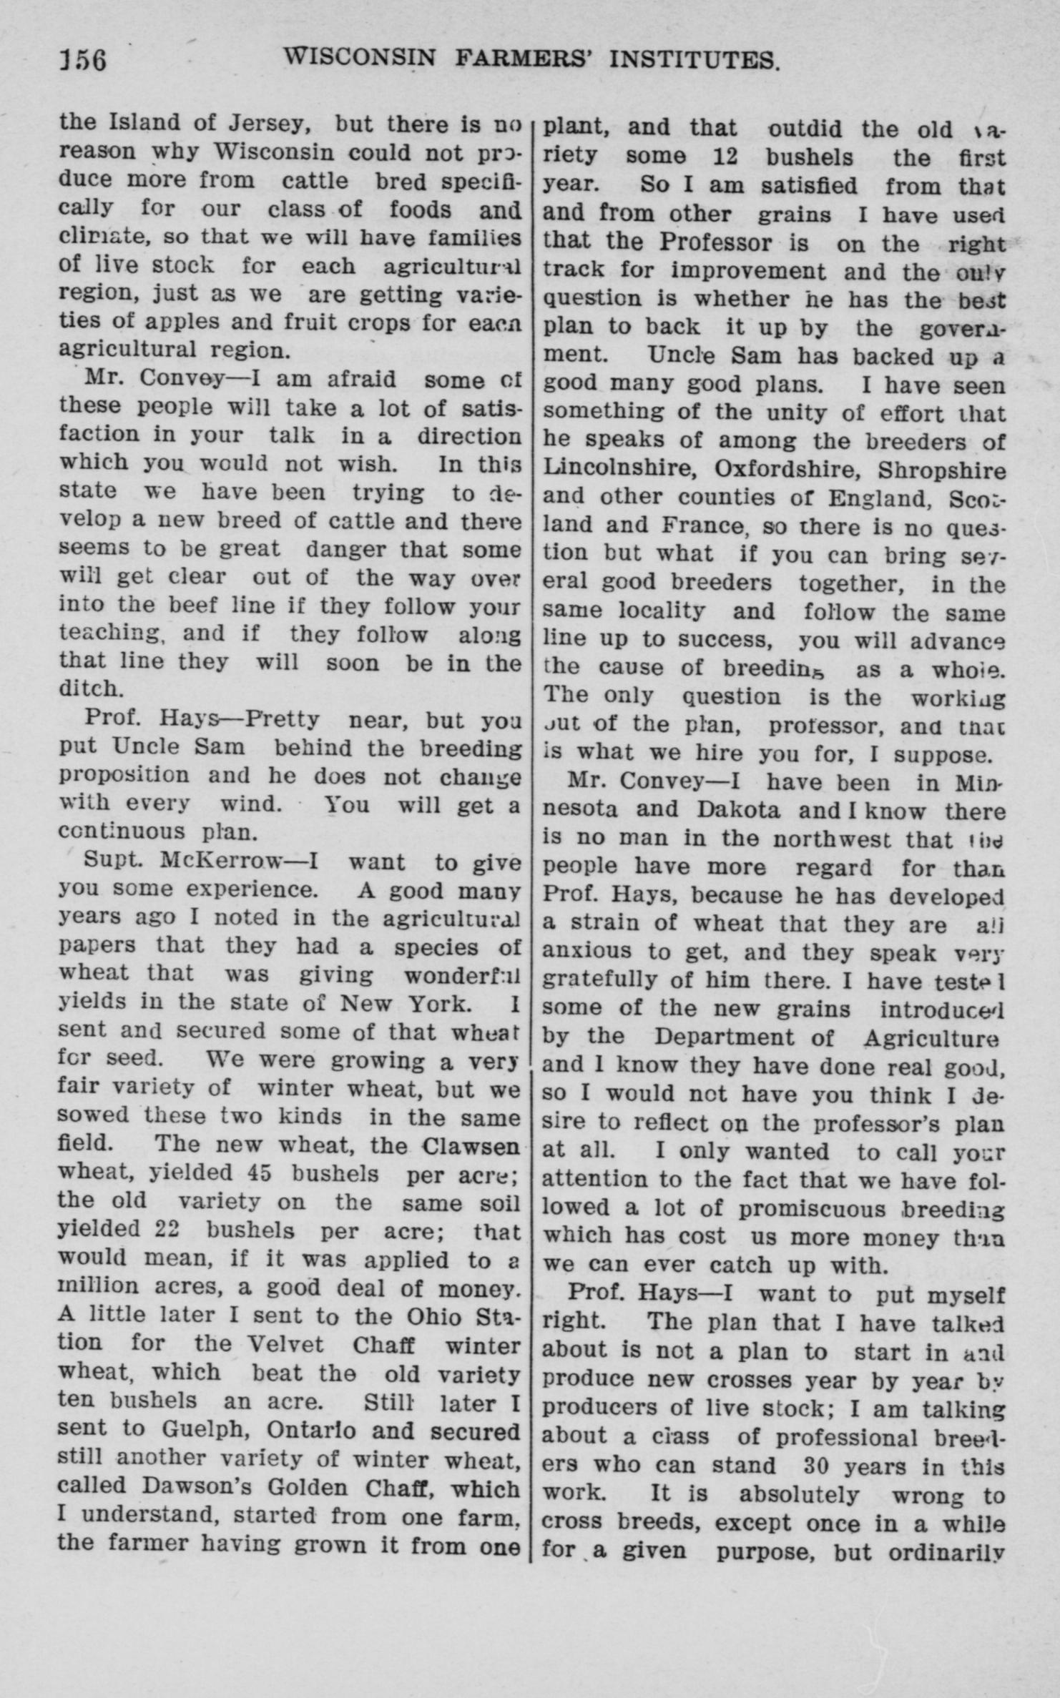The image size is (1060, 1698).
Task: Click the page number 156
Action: [x=83, y=60]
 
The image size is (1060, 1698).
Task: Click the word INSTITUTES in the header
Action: [x=693, y=60]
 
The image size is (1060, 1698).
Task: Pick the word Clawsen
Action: [x=470, y=1145]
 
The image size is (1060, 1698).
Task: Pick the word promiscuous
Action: [x=812, y=1208]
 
